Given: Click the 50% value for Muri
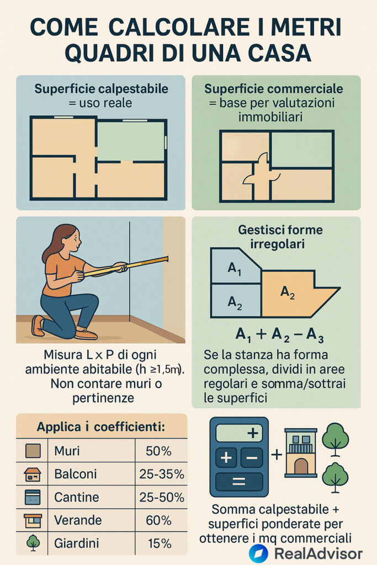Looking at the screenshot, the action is (x=158, y=451).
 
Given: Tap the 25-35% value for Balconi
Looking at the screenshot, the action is (x=162, y=474).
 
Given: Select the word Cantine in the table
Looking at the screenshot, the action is (x=76, y=497).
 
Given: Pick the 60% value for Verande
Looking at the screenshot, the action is (x=158, y=520).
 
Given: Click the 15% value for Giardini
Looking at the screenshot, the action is (x=160, y=543).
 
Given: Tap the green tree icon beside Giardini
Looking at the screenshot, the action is (x=33, y=543).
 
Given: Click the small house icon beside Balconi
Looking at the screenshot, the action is (x=33, y=475).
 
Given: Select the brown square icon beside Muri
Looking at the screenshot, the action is (x=33, y=451).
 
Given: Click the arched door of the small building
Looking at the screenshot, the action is (x=301, y=466).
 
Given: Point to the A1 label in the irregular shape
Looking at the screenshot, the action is (x=234, y=269).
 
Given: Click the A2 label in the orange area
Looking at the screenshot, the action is (x=288, y=292).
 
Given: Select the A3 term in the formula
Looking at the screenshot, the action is (x=315, y=335).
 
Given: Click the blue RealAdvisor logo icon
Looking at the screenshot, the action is (x=258, y=553).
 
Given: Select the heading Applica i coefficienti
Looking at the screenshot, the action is (x=101, y=427).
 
